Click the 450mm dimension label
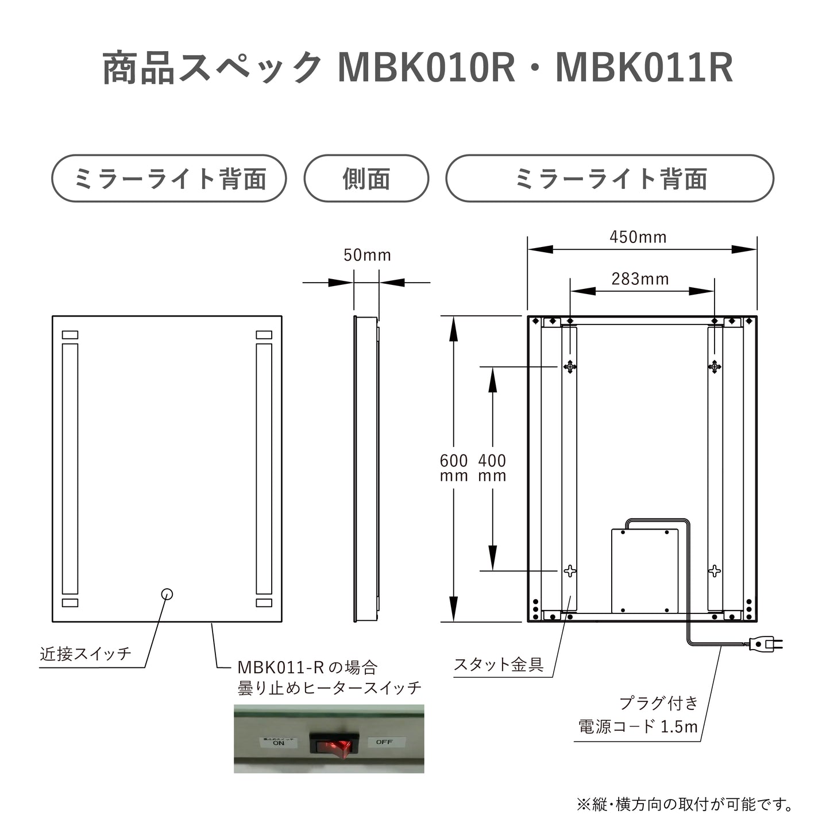coord(638,237)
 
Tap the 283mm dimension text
coord(640,279)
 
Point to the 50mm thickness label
coord(367,255)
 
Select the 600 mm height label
coord(454,468)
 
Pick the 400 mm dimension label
coord(492,468)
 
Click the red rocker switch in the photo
coord(334,743)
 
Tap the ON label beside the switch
coord(278,742)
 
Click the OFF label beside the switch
coord(384,742)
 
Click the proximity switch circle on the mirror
coord(167,594)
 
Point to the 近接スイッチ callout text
coord(86,654)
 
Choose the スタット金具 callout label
coord(499,665)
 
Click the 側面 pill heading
coord(366,179)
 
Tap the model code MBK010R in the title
coord(426,68)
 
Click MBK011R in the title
coord(644,68)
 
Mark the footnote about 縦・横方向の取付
coord(685,804)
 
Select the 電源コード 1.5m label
coord(638,727)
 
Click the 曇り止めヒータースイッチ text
coord(330,688)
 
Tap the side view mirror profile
coord(366,468)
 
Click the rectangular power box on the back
coord(644,571)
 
